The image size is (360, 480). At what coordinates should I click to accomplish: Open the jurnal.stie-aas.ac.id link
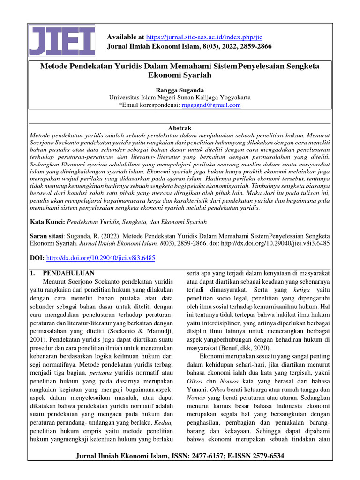coord(204,37)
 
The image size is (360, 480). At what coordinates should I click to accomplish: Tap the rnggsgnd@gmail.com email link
coord(211,105)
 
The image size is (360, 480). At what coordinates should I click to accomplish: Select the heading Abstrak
coord(180,128)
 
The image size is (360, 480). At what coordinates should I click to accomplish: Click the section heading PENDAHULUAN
coord(68,273)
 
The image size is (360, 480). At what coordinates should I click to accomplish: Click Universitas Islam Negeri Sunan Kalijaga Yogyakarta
coord(180,97)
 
